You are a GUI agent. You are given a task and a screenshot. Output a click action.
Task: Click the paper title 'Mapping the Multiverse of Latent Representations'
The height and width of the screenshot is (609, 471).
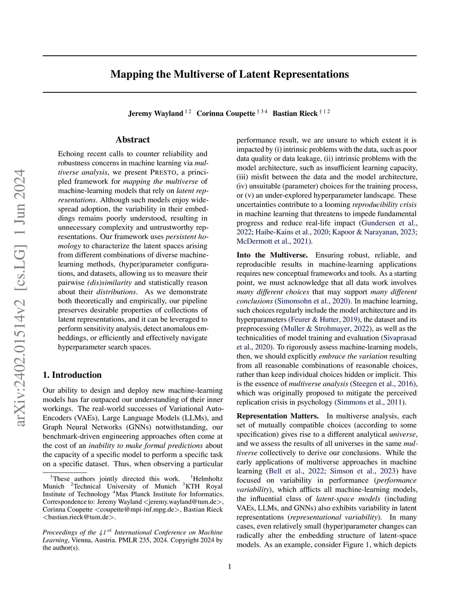tap(230, 74)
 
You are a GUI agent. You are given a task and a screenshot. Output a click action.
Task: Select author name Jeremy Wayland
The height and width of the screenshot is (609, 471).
tap(155, 114)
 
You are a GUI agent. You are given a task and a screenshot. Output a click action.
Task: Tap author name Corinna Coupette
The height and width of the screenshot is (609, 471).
tap(225, 114)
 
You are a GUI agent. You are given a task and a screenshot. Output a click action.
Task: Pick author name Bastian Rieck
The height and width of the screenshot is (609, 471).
tap(295, 114)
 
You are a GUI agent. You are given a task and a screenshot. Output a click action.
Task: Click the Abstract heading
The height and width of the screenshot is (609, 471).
tap(132, 140)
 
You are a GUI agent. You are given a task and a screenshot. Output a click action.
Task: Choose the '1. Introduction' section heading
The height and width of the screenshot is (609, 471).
tap(72, 375)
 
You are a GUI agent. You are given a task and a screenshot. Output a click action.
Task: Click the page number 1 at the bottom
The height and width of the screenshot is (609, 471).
tap(230, 566)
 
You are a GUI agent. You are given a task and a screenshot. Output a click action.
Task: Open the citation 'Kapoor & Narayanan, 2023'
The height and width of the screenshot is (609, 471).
tap(373, 232)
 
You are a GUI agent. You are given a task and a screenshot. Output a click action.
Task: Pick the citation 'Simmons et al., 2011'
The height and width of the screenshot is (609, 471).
tap(370, 402)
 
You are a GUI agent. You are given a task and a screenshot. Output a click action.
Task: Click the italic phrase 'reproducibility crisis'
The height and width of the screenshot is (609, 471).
tap(385, 205)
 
